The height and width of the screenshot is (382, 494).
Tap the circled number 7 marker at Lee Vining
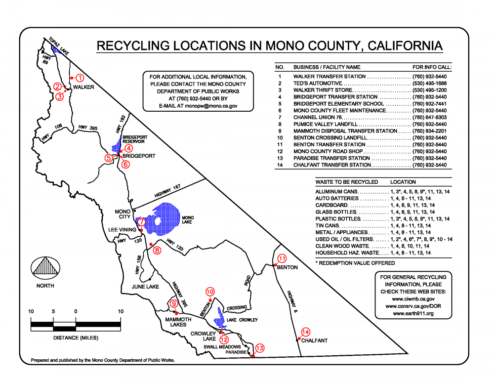(x=142, y=222)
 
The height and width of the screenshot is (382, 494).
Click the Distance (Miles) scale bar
(x=76, y=324)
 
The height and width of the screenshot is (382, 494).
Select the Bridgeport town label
(x=139, y=156)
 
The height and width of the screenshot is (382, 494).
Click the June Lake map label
(x=145, y=287)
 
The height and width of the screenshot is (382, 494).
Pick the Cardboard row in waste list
(x=331, y=205)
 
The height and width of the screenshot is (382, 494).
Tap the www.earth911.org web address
(x=413, y=313)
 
